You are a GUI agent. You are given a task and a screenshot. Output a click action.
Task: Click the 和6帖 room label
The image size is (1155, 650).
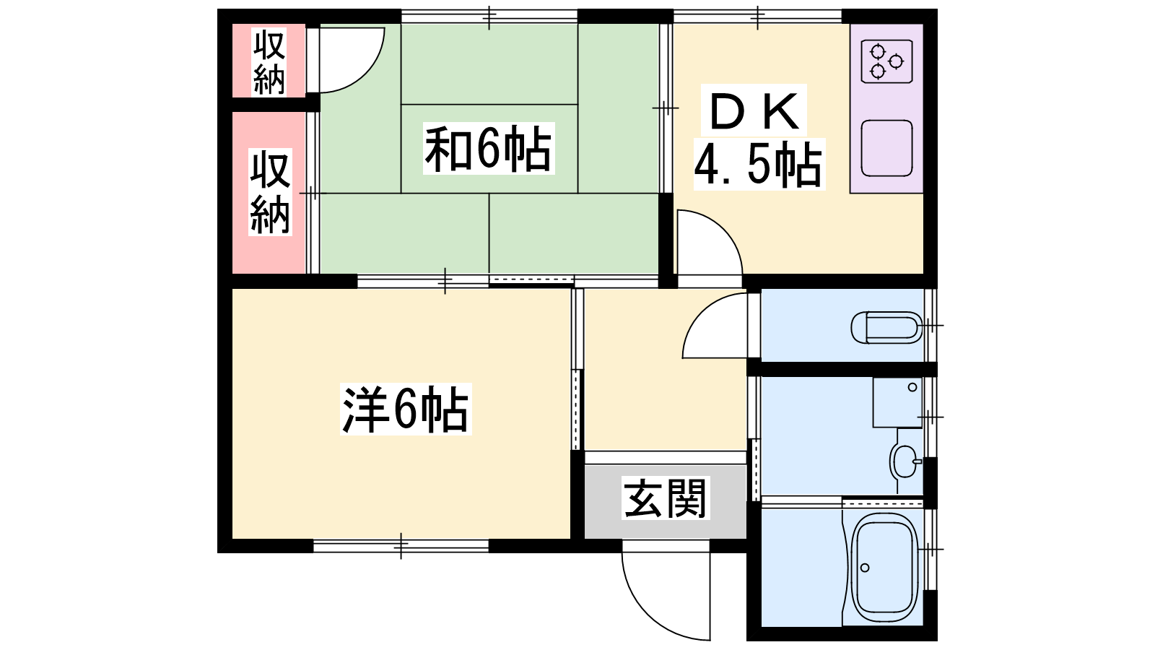click(488, 149)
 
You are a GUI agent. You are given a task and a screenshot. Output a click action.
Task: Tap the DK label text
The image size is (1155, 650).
click(754, 111)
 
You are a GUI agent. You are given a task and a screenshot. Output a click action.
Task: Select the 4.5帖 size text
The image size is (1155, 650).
click(757, 165)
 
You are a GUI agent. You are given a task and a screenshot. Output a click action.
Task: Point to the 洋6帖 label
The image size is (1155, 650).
click(405, 409)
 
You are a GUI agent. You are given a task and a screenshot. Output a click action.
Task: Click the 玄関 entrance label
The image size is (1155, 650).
click(665, 498)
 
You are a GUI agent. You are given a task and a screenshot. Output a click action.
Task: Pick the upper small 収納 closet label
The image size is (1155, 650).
click(269, 62)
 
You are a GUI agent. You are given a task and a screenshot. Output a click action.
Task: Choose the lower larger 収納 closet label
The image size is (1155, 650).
click(270, 192)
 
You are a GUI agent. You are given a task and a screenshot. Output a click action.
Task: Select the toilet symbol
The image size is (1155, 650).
click(887, 327)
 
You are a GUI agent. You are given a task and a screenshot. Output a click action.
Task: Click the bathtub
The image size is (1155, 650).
click(885, 568)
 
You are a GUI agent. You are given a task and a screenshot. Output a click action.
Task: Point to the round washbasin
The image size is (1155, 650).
click(903, 461)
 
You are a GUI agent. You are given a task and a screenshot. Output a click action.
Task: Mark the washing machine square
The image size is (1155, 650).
click(897, 402)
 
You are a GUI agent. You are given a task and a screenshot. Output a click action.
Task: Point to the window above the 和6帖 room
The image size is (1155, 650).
click(489, 16)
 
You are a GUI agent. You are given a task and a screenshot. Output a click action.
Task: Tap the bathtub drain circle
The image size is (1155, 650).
click(865, 568)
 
